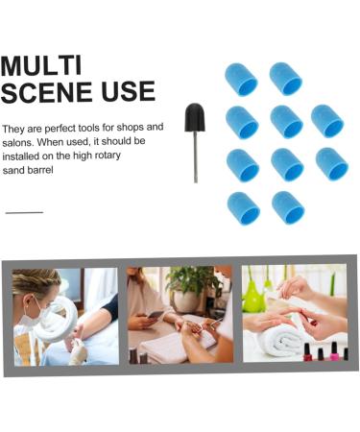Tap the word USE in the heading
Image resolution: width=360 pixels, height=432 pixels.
click(131, 92)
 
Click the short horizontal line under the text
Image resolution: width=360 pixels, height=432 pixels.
click(24, 212)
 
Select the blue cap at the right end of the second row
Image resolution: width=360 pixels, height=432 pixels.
click(327, 121)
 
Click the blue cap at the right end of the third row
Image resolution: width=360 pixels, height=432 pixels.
click(330, 164)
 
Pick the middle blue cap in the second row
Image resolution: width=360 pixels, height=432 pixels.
click(286, 121)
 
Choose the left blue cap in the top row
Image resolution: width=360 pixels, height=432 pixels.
click(241, 79)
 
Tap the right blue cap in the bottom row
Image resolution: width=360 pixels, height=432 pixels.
click(286, 206)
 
